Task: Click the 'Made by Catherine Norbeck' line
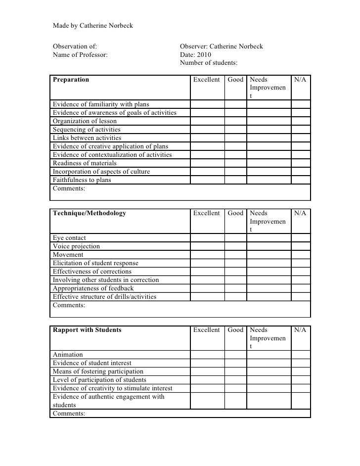[92, 25]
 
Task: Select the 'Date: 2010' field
[195, 55]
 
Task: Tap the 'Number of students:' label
[208, 63]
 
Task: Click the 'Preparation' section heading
[71, 79]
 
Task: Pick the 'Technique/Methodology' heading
[90, 213]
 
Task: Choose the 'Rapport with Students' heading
[87, 330]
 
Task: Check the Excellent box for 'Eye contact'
[207, 238]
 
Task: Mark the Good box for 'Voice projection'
[235, 246]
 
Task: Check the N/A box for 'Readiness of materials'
[300, 163]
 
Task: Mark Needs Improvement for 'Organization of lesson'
[269, 121]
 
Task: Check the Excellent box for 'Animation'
[207, 355]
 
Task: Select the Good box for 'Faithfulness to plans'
[235, 180]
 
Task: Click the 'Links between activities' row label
[87, 138]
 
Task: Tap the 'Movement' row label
[68, 255]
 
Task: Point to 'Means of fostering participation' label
[98, 372]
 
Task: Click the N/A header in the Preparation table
[300, 79]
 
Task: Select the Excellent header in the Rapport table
[206, 330]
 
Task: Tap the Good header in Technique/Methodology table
[235, 213]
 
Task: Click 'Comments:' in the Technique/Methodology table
[69, 306]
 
